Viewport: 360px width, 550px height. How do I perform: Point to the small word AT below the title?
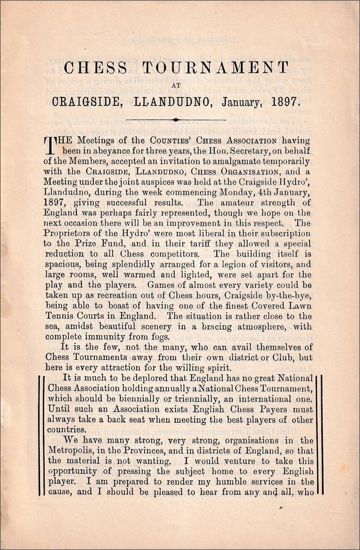176,85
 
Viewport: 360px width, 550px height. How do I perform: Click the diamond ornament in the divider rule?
175,119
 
